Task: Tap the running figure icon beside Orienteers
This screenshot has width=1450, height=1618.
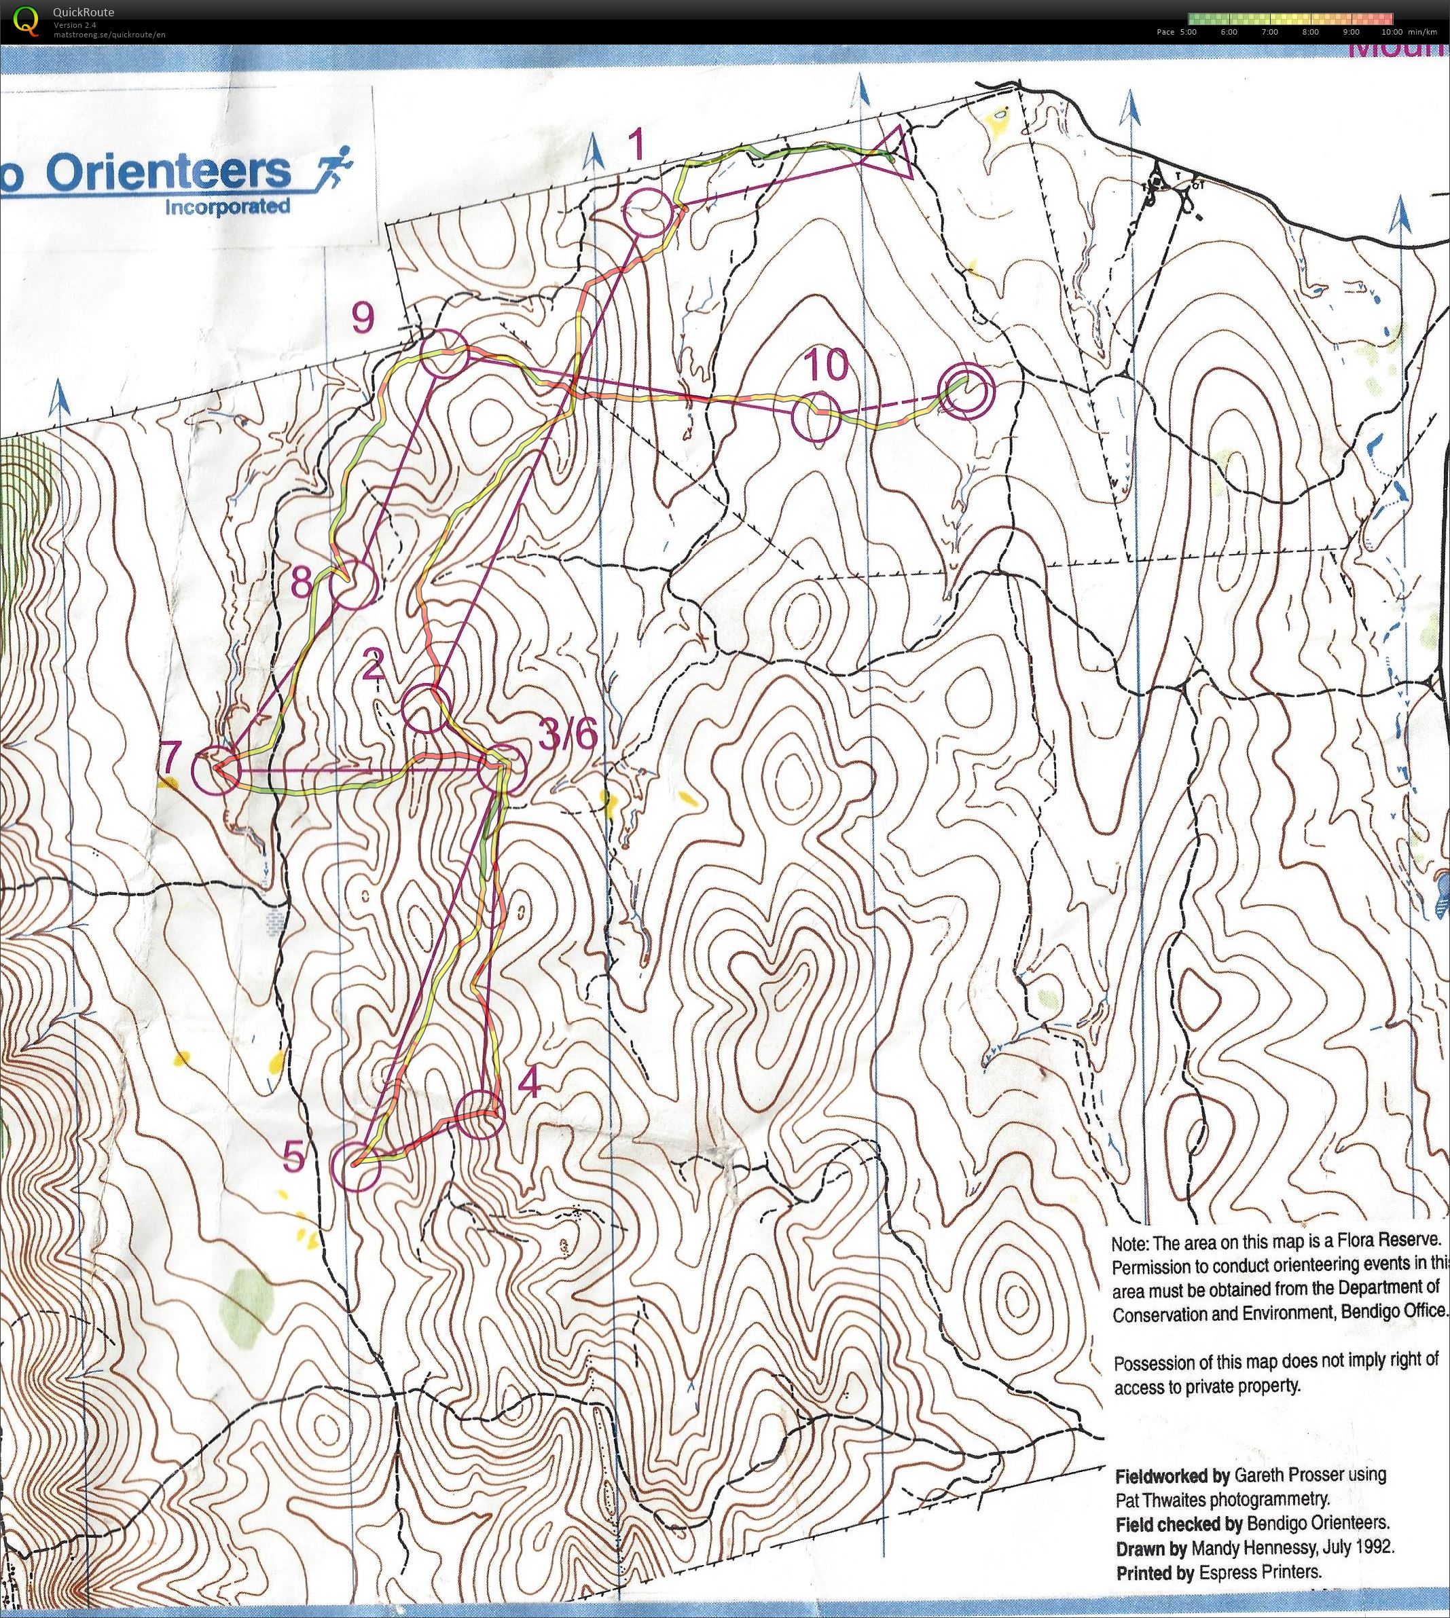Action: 335,165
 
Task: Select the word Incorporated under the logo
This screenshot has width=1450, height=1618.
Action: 226,207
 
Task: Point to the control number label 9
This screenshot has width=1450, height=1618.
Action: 362,318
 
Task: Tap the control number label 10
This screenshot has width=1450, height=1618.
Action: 825,366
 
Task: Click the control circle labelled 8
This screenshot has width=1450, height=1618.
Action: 354,585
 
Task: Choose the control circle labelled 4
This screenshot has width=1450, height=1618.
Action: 482,1114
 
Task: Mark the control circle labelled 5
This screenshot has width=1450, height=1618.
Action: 355,1166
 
